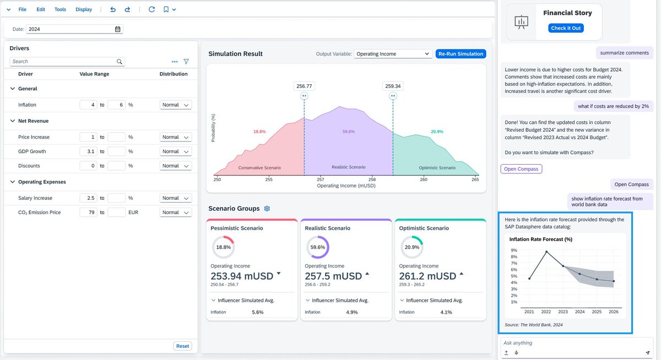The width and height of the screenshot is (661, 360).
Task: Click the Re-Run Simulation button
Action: point(460,54)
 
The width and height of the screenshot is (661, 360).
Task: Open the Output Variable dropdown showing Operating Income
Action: point(392,54)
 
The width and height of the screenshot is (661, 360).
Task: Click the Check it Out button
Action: point(567,28)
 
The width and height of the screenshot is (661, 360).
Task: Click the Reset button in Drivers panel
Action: point(182,346)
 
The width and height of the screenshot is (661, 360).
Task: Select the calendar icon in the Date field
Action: point(117,29)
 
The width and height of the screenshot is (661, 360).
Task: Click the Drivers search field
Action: point(63,62)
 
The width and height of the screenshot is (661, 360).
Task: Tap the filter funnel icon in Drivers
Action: point(186,62)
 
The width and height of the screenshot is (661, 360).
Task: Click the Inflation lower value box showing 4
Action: point(88,105)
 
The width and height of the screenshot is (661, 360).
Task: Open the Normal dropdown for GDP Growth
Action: point(176,151)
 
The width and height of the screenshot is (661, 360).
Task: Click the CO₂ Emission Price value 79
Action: point(88,212)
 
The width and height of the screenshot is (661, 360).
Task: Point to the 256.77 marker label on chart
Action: point(304,86)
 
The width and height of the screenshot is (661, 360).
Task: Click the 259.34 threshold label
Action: point(393,86)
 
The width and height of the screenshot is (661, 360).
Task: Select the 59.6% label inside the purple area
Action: point(348,132)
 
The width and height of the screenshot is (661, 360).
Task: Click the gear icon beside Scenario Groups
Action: point(267,209)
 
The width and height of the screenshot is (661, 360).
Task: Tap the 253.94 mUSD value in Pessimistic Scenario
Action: point(242,276)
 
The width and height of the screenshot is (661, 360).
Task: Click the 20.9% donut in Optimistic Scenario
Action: point(411,247)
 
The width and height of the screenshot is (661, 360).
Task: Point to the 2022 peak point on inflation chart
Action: point(546,252)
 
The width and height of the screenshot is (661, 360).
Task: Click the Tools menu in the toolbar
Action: point(60,9)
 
